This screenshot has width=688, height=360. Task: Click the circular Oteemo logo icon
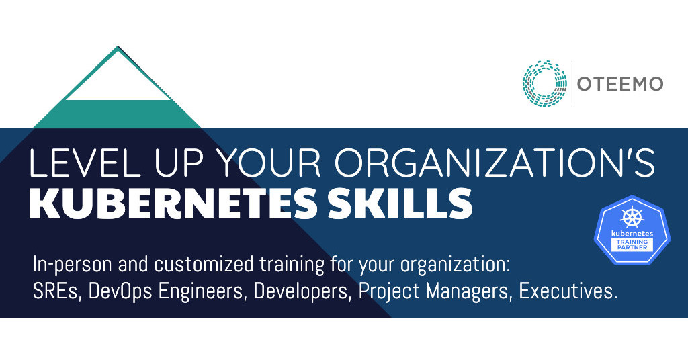tap(546, 83)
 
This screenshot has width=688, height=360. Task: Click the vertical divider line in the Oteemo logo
tap(572, 83)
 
